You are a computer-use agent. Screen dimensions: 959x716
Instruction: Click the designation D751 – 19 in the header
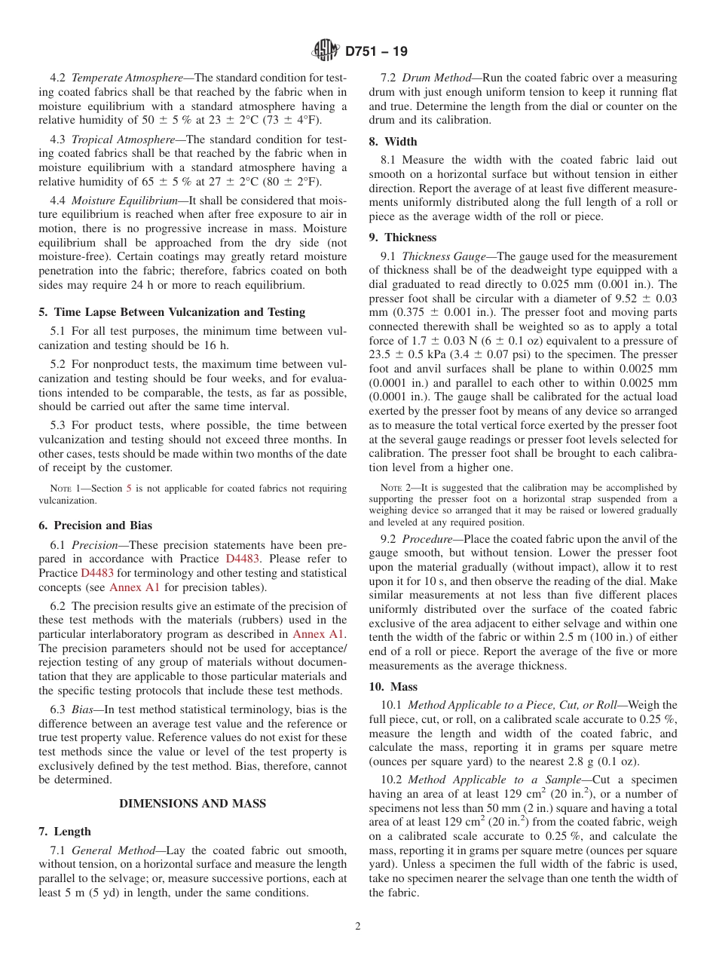(x=376, y=52)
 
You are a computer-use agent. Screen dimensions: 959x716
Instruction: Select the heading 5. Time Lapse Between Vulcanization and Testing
(x=172, y=312)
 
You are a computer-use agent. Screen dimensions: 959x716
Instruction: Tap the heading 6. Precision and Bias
(x=95, y=525)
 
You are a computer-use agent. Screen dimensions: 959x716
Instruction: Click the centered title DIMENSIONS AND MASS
(x=193, y=804)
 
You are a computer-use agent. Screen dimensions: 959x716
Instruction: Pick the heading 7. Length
(x=65, y=832)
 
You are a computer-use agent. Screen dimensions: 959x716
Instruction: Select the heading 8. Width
(x=393, y=142)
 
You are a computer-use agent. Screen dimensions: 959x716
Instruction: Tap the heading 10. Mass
(x=393, y=687)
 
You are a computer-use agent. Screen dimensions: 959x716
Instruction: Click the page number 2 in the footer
(x=358, y=927)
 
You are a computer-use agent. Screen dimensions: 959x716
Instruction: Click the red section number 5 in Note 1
(x=128, y=489)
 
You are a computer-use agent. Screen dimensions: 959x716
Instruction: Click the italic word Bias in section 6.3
(x=84, y=709)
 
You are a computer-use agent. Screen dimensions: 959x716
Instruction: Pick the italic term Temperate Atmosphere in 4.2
(x=127, y=78)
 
